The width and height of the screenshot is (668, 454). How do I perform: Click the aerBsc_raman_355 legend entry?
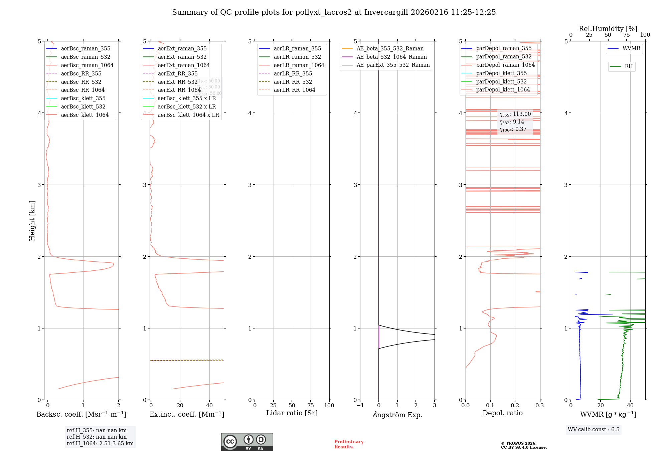coord(86,49)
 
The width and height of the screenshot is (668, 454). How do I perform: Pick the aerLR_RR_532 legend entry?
coord(293,82)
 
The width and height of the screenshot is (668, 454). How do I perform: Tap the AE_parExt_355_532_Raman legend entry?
coord(393,65)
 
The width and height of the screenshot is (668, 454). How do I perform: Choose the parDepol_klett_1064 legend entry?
coord(503,90)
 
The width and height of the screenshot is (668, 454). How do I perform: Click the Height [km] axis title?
coord(32,221)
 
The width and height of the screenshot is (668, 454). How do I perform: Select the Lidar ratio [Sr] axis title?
coord(292,413)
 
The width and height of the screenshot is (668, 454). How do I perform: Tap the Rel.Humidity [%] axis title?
coord(608,29)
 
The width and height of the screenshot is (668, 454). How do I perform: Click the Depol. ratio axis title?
coord(502,413)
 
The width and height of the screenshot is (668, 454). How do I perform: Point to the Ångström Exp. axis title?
coord(397,415)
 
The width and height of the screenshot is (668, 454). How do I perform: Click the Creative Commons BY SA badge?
coord(247,442)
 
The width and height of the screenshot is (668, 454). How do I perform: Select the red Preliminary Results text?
coord(349,444)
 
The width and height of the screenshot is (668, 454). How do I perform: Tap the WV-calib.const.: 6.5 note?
coord(594,430)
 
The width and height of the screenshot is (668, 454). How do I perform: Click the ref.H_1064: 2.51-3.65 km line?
coord(100,444)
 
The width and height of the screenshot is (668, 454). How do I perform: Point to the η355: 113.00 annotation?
coord(515,114)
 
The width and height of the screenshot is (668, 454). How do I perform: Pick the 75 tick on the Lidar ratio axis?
coord(311,406)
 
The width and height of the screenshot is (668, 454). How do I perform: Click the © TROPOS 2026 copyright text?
coord(518,444)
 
